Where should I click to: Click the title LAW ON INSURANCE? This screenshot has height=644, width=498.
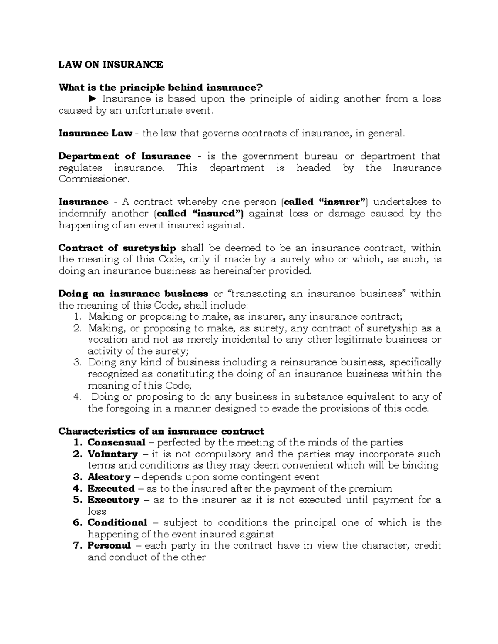[x=111, y=65]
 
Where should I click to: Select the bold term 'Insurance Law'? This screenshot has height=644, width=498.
[x=95, y=134]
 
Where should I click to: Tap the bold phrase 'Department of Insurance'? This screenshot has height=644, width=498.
[x=124, y=156]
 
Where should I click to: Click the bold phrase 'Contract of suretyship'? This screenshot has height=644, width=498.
[x=117, y=248]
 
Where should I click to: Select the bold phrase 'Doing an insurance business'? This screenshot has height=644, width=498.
[x=133, y=294]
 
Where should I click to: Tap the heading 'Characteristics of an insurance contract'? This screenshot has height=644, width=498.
[x=161, y=431]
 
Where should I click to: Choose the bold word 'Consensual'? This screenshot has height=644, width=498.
[x=116, y=442]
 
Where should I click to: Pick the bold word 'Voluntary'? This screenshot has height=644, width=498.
[x=112, y=454]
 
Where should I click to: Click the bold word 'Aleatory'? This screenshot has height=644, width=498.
[x=109, y=477]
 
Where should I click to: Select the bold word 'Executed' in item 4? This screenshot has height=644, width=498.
[x=111, y=488]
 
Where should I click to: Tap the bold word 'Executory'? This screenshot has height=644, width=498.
[x=113, y=500]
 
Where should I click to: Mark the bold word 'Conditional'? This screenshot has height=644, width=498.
[x=117, y=523]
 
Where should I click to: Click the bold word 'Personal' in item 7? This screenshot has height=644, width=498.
[x=109, y=546]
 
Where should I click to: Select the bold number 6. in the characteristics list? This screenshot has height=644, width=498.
[x=78, y=523]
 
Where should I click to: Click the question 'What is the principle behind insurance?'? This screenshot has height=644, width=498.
[x=161, y=88]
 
